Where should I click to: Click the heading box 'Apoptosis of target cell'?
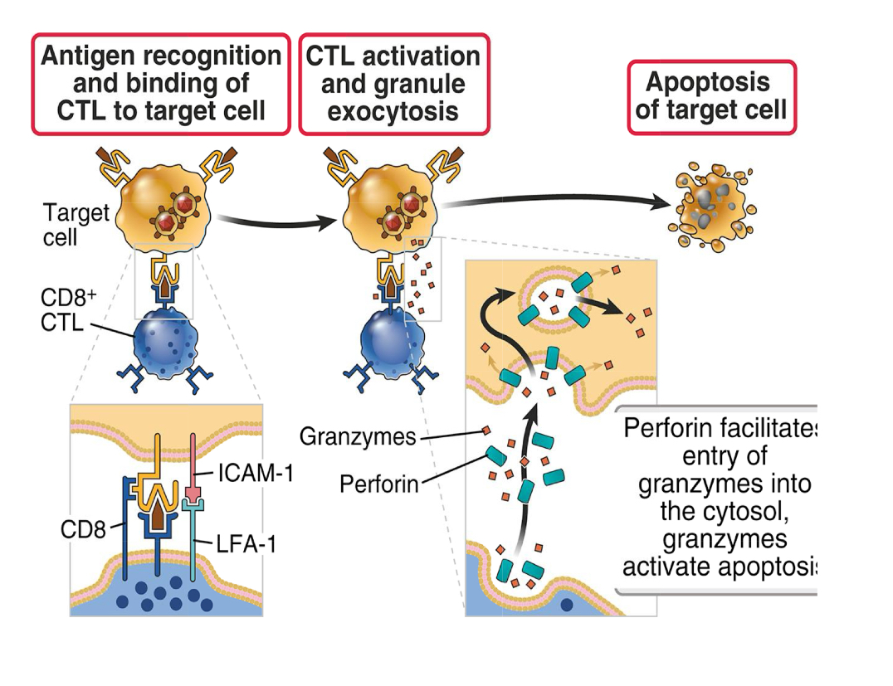(711, 96)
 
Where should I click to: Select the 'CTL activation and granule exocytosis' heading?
(393, 84)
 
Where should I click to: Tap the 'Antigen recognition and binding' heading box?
(161, 84)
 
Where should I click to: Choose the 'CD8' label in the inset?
(83, 528)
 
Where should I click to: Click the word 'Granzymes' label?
(358, 436)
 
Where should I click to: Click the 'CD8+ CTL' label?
(63, 309)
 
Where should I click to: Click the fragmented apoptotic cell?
(711, 209)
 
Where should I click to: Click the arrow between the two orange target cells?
(278, 221)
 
